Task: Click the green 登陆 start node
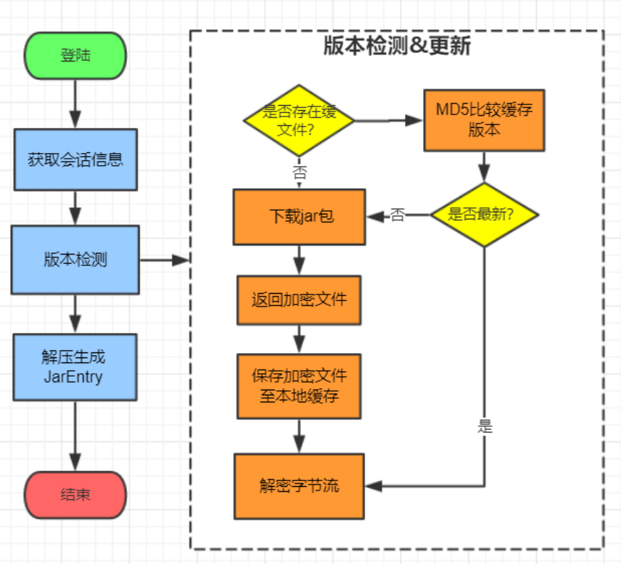75,55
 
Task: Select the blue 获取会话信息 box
75,159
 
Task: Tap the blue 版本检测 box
75,259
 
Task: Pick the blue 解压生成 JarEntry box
75,367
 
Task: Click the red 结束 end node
75,495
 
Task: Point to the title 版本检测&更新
397,46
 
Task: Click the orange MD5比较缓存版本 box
484,120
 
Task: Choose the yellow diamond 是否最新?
484,214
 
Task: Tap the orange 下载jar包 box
299,217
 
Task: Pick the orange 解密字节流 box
299,486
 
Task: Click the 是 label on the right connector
485,427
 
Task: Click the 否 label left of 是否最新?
397,215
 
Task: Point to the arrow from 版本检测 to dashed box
164,260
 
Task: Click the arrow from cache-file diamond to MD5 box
389,120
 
